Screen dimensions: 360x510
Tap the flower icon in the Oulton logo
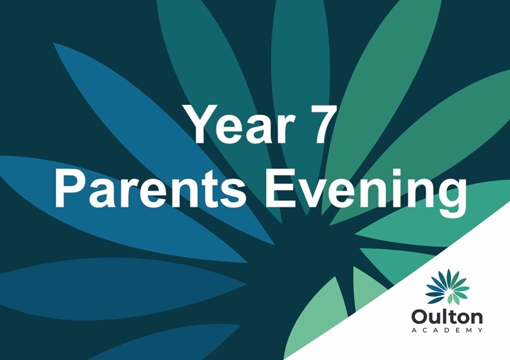[x=447, y=287]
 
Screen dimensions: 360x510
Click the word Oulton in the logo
[x=447, y=317]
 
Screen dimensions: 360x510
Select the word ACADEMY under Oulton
[x=447, y=330]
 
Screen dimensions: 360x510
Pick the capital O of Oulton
[x=419, y=317]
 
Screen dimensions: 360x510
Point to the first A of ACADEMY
[x=414, y=330]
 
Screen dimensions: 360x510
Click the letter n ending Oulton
[x=476, y=318]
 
